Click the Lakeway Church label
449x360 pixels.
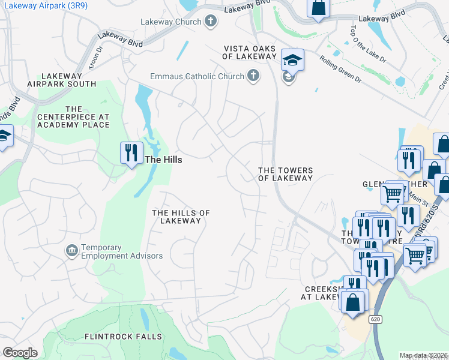pyautogui.click(x=171, y=22)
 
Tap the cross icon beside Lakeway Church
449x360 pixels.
pyautogui.click(x=210, y=22)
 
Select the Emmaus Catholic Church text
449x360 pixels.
pyautogui.click(x=197, y=76)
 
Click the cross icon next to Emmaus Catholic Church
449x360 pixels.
pyautogui.click(x=253, y=76)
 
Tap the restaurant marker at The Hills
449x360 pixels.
pyautogui.click(x=131, y=152)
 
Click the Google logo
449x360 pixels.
pyautogui.click(x=20, y=353)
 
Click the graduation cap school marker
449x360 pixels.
pyautogui.click(x=292, y=60)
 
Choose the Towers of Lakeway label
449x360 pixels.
pyautogui.click(x=285, y=174)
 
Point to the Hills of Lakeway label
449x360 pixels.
pyautogui.click(x=181, y=217)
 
